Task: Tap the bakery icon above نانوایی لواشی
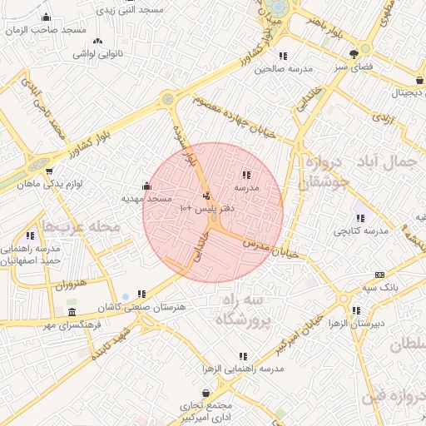tap(98, 41)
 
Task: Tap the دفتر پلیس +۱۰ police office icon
tap(206, 197)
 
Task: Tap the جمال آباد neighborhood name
tap(390, 161)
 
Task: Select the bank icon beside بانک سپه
tap(380, 275)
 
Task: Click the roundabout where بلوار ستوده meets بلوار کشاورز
tap(170, 98)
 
